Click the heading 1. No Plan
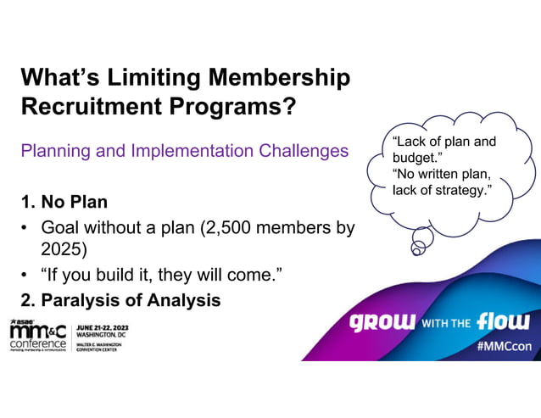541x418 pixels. (64, 203)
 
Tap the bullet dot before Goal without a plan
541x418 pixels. (25, 228)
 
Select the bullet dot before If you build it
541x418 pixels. (25, 275)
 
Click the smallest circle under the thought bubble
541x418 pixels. (417, 249)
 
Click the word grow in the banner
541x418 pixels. (382, 322)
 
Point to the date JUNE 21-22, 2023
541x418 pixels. (104, 326)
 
